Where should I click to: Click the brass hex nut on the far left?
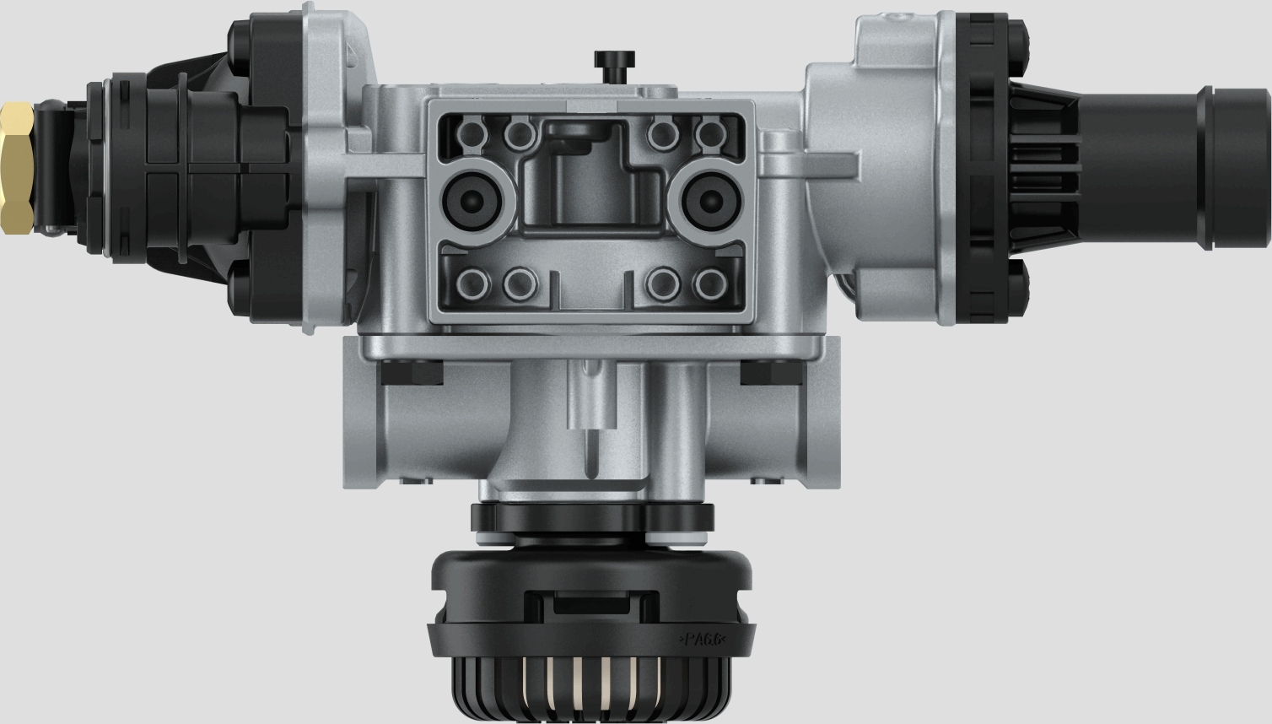[x=17, y=168]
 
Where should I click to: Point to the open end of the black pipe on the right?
[x=1240, y=168]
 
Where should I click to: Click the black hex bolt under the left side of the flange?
[x=411, y=372]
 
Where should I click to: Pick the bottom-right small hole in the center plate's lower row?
[x=710, y=284]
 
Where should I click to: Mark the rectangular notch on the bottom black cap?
[x=590, y=605]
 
